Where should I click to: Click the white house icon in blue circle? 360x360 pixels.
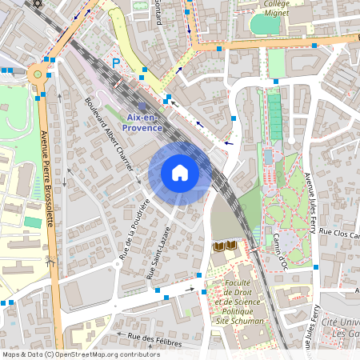pos(180,173)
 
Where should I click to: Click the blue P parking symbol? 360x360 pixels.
pos(116,62)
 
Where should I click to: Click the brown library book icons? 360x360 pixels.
pos(225,246)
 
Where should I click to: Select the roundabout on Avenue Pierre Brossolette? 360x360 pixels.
pos(36,74)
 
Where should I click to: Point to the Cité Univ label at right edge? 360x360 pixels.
pos(341,327)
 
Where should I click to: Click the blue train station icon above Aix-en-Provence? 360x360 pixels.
pos(142,106)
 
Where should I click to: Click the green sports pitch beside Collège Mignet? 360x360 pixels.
pos(266,24)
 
